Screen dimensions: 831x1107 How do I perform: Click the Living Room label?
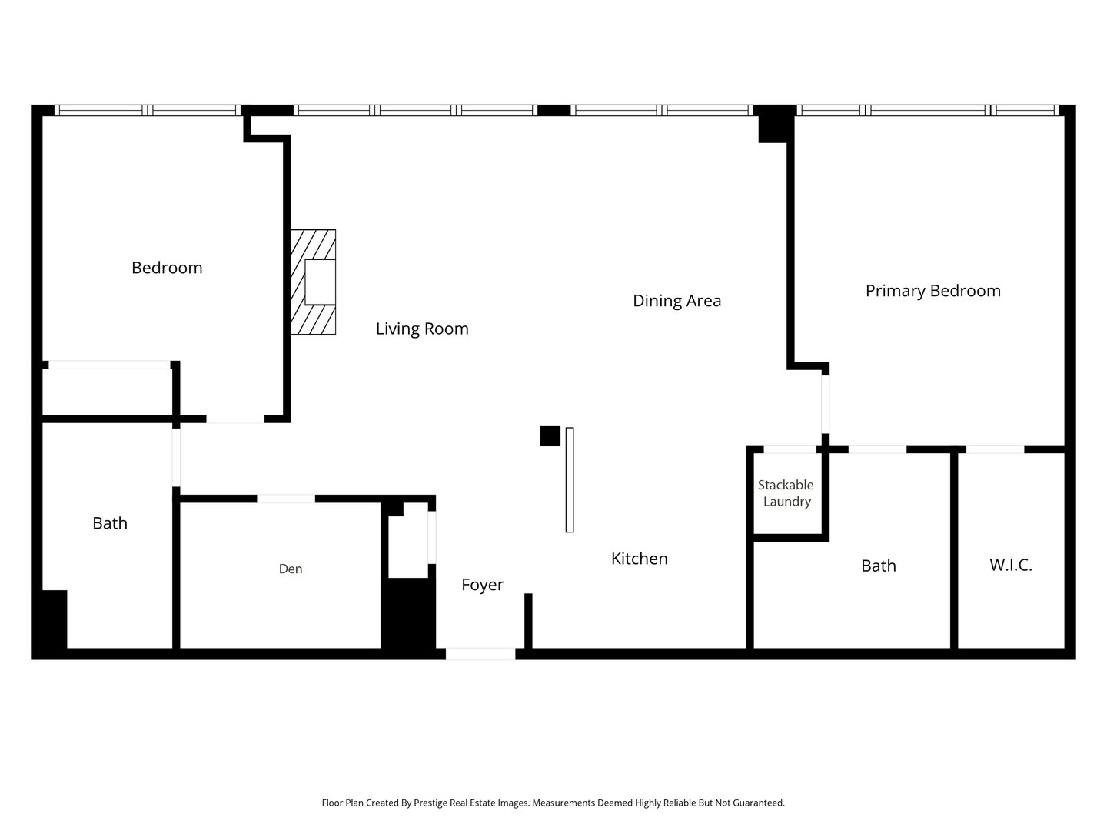tap(422, 329)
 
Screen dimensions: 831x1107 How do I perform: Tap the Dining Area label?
tap(676, 301)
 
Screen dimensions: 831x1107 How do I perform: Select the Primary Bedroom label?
tap(932, 291)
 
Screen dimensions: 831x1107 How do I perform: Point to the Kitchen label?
tap(639, 559)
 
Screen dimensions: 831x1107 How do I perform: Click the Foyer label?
tap(482, 585)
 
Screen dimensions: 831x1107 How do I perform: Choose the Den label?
tap(290, 569)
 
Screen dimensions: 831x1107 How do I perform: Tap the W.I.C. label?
tap(1010, 566)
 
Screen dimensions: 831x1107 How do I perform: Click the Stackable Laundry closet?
tap(786, 493)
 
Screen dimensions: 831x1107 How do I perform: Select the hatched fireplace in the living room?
tap(314, 282)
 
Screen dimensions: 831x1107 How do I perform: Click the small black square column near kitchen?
tap(550, 436)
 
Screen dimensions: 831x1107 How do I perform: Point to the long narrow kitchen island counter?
tap(570, 480)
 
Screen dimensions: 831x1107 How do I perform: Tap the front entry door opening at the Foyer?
tap(480, 654)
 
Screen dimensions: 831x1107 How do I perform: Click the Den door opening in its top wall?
tap(286, 499)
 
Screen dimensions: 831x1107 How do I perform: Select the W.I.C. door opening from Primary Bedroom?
tap(995, 449)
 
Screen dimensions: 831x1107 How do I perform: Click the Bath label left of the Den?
tap(110, 523)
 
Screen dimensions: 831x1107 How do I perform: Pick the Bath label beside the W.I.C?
tap(878, 566)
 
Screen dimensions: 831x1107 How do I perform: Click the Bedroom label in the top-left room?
tap(167, 268)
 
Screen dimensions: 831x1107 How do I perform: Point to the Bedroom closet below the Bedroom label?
tap(108, 391)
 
